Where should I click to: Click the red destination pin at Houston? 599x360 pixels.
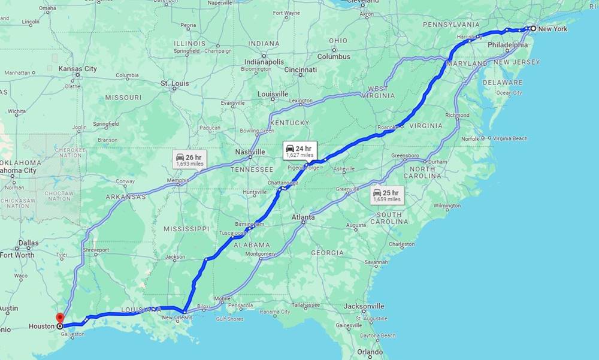coord(59,318)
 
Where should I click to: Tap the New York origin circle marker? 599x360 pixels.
coord(533,28)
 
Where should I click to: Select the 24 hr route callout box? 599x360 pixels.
coord(299,151)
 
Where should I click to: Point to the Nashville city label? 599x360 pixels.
coord(250,152)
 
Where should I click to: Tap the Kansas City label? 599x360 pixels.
coord(77,69)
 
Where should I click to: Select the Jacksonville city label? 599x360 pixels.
coord(364,306)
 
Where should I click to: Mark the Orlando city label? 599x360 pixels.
coord(370,352)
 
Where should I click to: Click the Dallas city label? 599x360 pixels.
coord(28,243)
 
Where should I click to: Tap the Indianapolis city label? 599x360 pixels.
coord(264,62)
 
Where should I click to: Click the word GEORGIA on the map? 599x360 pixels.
coord(327,253)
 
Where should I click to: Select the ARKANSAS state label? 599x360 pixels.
coord(126,196)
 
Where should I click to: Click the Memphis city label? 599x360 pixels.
coord(177,180)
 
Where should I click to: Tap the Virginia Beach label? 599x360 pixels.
coord(510,138)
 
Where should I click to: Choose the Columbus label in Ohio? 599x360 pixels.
coord(334,56)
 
